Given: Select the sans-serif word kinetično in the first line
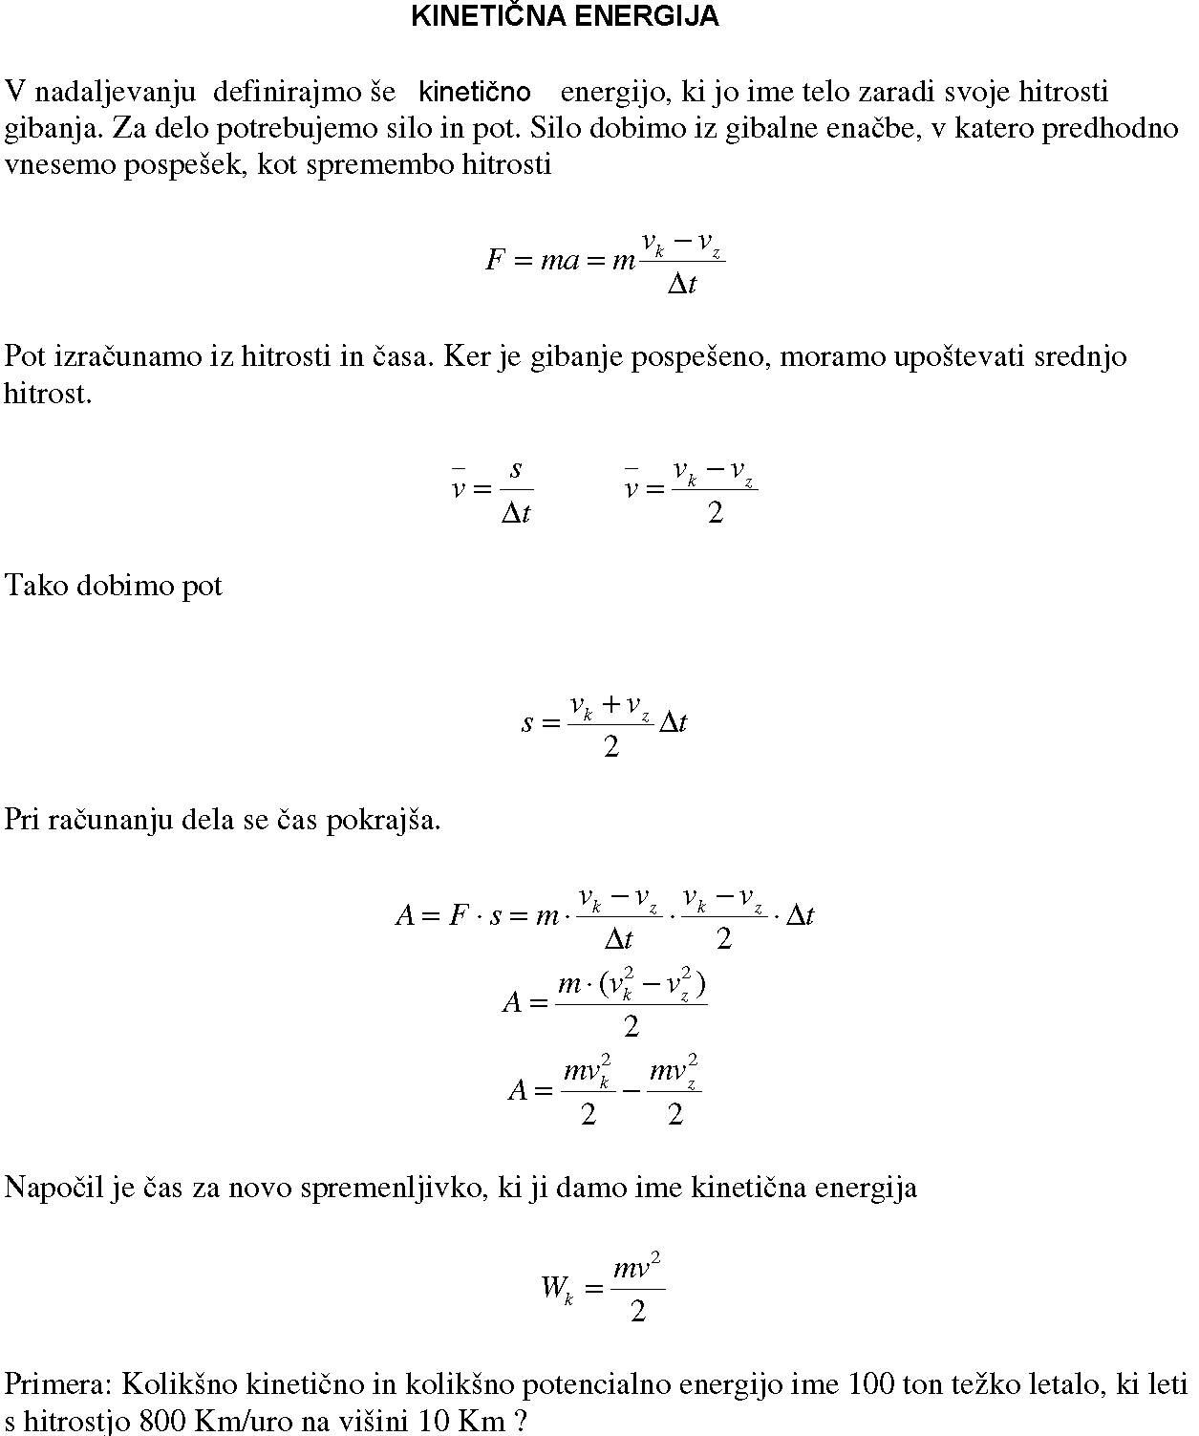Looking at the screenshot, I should coord(475,93).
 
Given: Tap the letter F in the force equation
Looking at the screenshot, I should coord(495,261).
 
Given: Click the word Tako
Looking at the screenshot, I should coord(35,586).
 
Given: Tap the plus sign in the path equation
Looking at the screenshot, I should coord(610,706).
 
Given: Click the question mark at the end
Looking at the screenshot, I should coord(521,1421).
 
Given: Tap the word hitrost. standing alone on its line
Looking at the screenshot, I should coord(48,394).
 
